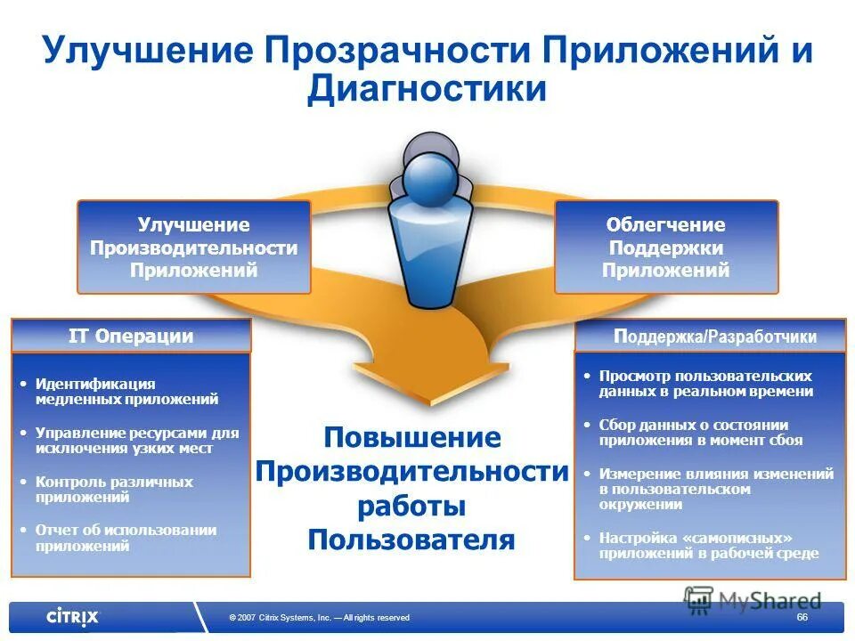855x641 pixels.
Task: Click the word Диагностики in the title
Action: coord(427,90)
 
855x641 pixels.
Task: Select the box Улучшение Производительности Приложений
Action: coord(193,247)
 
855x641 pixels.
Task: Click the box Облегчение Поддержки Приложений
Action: coord(665,247)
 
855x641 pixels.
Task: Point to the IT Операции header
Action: coord(131,337)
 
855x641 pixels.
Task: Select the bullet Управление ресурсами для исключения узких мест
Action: coord(137,441)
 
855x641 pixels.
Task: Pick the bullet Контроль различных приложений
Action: coord(114,490)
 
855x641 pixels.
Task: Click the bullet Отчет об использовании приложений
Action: coord(126,538)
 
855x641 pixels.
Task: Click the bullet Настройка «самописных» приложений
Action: coord(708,546)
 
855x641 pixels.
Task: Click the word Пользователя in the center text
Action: coord(411,540)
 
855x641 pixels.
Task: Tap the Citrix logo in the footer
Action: coord(73,616)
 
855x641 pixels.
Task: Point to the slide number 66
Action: coord(802,618)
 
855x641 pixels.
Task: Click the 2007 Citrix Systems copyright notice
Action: coord(319,618)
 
